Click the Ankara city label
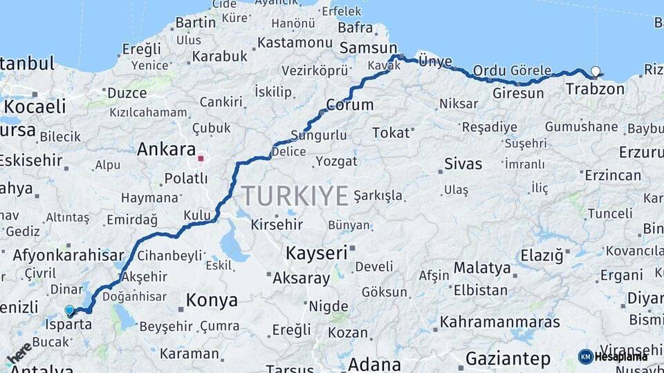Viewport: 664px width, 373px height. [x=166, y=149]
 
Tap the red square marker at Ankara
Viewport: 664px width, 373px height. [x=201, y=159]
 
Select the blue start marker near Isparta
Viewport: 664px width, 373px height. [x=69, y=310]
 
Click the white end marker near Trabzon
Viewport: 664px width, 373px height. [x=596, y=70]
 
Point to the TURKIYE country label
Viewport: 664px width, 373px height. [x=295, y=196]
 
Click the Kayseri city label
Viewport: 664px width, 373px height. [x=316, y=253]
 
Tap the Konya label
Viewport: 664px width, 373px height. [x=212, y=300]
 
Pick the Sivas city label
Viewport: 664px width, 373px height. [x=463, y=164]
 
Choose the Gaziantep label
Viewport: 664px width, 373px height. [x=508, y=358]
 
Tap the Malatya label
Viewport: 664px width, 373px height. [x=482, y=267]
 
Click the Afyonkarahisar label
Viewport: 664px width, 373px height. [x=68, y=254]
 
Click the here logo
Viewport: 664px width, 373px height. [x=19, y=352]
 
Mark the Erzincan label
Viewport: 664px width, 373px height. [x=612, y=175]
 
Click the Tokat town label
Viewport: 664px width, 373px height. [x=391, y=133]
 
